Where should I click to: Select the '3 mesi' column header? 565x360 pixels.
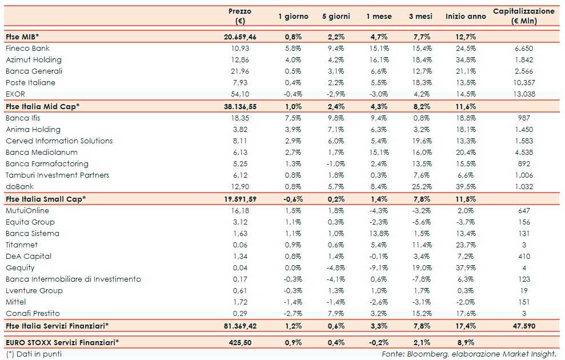coord(423,17)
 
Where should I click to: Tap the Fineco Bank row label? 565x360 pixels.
coord(27,49)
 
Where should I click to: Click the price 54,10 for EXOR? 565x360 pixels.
coord(239,94)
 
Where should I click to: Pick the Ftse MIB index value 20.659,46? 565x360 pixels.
coord(239,37)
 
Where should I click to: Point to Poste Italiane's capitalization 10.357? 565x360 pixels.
coord(523,83)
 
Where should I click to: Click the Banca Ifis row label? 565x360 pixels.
coord(26,118)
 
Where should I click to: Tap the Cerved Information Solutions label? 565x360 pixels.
coord(59,141)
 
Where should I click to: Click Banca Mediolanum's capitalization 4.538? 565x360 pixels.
coord(523,153)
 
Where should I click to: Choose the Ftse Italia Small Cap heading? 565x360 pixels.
coord(46,198)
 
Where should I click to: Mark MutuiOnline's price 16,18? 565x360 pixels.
coord(239,210)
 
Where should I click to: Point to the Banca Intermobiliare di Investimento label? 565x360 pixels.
coord(73,279)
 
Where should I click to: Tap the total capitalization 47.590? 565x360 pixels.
coord(523,325)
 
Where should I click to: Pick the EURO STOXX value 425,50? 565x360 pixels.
coord(239,342)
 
